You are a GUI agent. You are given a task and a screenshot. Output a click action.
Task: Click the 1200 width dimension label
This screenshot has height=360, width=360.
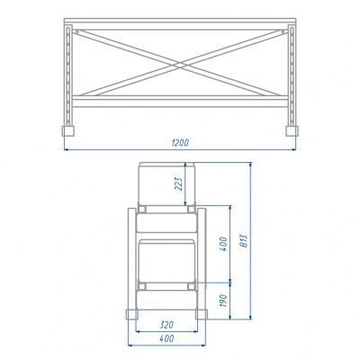180,142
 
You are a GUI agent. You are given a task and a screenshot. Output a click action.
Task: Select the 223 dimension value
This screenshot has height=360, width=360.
178,184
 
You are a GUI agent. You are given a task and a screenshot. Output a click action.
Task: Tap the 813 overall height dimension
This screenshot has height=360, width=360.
244,241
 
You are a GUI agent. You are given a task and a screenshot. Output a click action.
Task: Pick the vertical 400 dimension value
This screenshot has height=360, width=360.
223,244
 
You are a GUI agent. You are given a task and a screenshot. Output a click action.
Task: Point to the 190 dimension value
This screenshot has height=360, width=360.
223,301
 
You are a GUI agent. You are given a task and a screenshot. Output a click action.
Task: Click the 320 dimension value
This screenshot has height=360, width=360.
166,325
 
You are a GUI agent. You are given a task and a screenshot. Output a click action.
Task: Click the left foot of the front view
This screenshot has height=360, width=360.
68,131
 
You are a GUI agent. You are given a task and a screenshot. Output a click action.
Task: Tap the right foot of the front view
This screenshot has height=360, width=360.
292,131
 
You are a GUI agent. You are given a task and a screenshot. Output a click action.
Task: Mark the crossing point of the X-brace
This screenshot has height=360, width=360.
180,64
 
